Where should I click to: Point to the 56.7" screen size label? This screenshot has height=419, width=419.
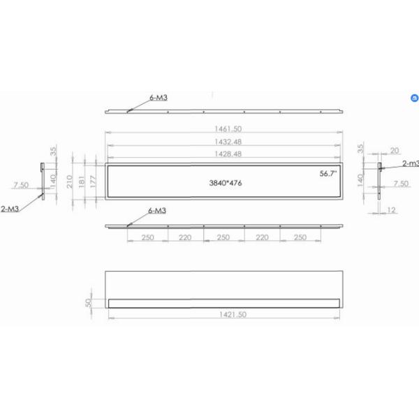click(x=328, y=172)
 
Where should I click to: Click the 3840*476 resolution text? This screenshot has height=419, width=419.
click(x=226, y=183)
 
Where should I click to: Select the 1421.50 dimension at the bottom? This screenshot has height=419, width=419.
click(x=224, y=315)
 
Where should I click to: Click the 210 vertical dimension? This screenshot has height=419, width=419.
click(x=70, y=182)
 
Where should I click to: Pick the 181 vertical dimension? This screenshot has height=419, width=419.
click(x=82, y=182)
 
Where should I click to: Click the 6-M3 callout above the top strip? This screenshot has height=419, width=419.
click(x=158, y=98)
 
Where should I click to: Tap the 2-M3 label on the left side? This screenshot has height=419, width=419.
click(x=10, y=208)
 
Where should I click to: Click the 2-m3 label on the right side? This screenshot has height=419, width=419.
click(x=411, y=163)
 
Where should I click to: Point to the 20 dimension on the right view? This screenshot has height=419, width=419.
click(x=395, y=150)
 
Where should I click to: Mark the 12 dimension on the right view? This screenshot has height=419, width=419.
click(x=391, y=210)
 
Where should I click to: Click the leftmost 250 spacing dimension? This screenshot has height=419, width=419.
click(x=147, y=237)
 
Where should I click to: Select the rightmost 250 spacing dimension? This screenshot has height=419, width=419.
click(x=301, y=237)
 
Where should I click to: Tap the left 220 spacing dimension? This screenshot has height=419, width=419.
click(x=186, y=237)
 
